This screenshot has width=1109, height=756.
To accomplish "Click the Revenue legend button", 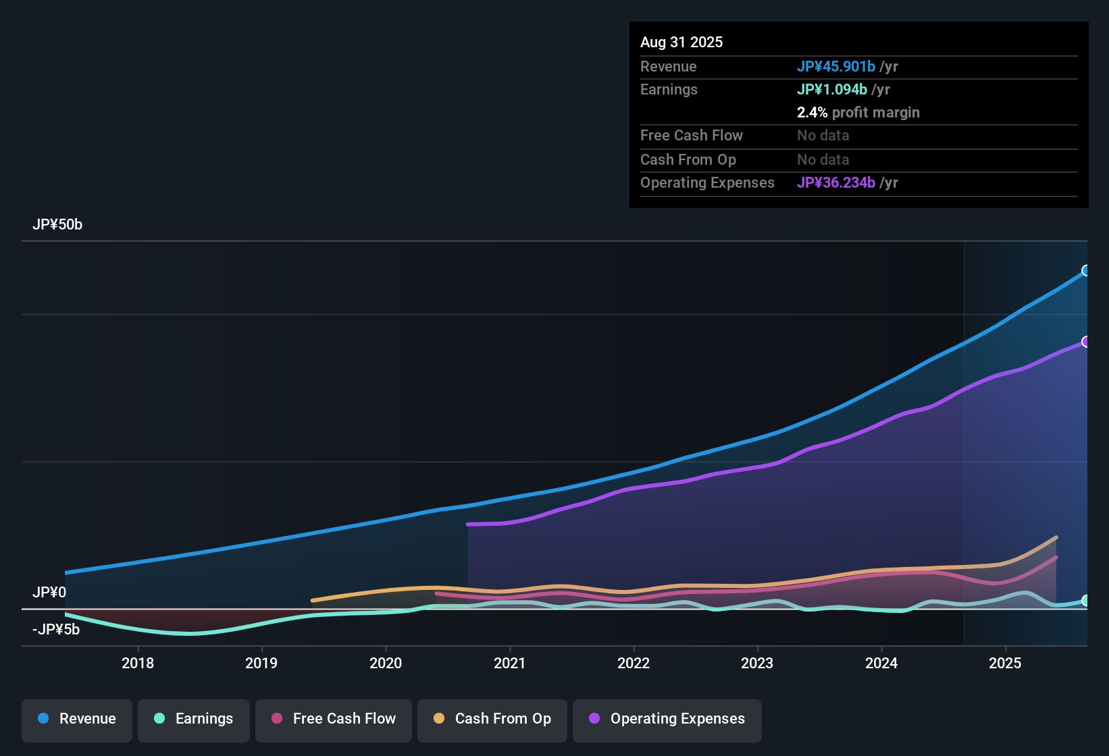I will tap(77, 719).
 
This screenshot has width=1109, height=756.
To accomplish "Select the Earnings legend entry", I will tap(194, 719).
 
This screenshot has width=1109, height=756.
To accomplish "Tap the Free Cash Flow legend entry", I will tap(334, 719).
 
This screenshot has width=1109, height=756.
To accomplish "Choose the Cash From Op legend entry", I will tap(492, 719).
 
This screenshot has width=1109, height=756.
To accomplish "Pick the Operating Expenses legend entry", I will tap(667, 719).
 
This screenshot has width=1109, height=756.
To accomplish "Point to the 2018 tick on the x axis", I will tap(138, 663).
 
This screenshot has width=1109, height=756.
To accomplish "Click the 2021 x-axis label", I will tap(510, 663).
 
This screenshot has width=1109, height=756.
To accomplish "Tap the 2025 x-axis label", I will tap(1005, 663).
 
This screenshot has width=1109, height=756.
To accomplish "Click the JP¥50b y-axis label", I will tap(57, 225).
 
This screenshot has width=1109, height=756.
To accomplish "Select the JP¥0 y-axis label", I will tap(49, 593).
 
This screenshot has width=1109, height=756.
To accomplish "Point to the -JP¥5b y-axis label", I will tap(56, 630).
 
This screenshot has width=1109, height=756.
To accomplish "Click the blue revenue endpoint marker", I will tap(1086, 271).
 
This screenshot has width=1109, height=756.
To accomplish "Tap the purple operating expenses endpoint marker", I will tap(1086, 342).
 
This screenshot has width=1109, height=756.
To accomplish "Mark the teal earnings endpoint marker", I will tap(1086, 601).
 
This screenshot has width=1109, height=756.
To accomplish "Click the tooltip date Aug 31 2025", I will tap(681, 43).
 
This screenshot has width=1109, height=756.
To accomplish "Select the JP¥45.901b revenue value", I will tap(836, 67).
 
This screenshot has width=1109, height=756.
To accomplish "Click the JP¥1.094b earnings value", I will tap(832, 90).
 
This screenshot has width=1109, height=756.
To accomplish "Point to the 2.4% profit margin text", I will tap(858, 113).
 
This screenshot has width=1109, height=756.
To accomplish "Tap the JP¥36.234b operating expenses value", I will tap(836, 183).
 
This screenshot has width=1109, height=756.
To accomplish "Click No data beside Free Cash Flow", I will tap(823, 136).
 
